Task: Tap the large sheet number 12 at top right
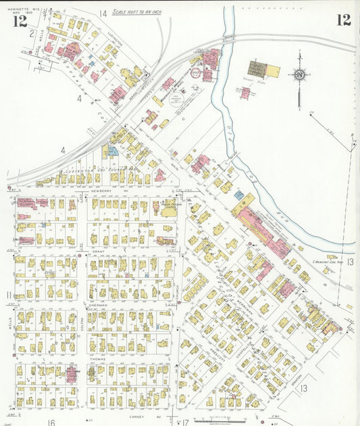[344, 19]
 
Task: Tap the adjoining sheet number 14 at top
[103, 13]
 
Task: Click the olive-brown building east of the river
[258, 68]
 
